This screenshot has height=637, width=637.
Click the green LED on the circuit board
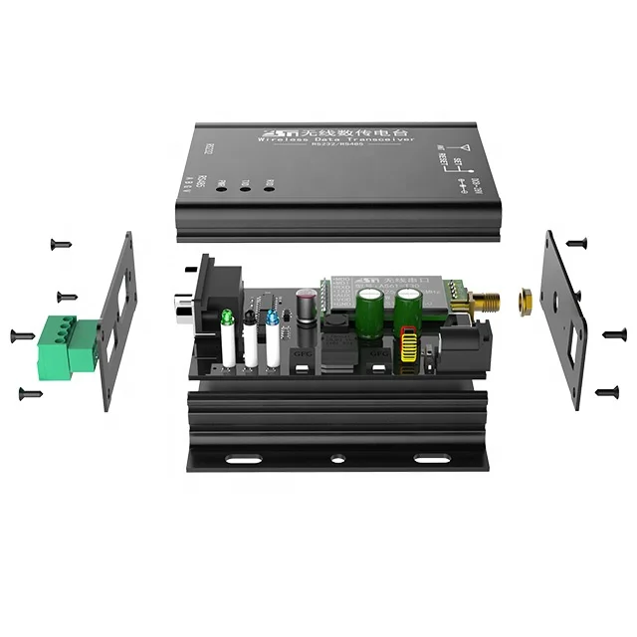coord(227,318)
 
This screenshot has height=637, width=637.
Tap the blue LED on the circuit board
coord(272,318)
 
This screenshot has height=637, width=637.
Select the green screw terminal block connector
coord(68,347)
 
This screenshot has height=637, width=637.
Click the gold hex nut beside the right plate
coord(524,298)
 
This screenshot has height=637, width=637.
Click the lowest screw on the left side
coord(30,394)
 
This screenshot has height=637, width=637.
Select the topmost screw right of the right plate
coord(576,242)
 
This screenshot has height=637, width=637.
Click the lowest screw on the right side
coord(606,392)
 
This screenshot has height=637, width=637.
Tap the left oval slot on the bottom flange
coord(240,460)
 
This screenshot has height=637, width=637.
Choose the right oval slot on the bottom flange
coord(431,460)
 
